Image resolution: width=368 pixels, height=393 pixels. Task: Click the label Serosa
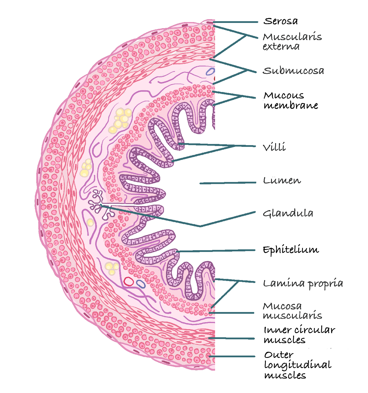(x=281, y=21)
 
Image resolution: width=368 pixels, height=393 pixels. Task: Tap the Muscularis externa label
(x=292, y=42)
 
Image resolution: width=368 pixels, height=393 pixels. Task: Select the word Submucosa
(x=293, y=71)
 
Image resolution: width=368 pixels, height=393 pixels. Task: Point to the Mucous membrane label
(x=291, y=100)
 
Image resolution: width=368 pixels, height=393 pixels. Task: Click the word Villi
(x=274, y=147)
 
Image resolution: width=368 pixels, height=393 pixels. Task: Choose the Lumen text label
(x=282, y=181)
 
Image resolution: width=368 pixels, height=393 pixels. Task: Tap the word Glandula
(x=288, y=213)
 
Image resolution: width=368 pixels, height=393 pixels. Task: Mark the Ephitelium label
(x=291, y=250)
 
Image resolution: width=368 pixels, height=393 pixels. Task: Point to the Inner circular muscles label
(x=299, y=335)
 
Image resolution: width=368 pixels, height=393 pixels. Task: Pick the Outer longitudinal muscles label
(x=297, y=365)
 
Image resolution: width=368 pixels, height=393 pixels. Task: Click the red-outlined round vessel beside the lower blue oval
(x=129, y=281)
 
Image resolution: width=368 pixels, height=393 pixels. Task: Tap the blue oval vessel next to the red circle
(x=141, y=284)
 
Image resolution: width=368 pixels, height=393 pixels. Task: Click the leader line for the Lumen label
(x=228, y=183)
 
